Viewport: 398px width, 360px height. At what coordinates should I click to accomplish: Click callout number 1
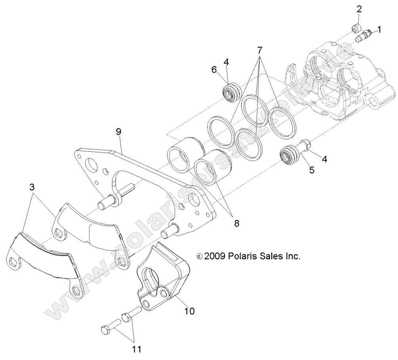pyautogui.click(x=379, y=29)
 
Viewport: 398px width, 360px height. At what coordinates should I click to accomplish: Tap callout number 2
pyautogui.click(x=359, y=9)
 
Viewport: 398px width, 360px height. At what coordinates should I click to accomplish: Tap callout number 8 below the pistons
pyautogui.click(x=236, y=223)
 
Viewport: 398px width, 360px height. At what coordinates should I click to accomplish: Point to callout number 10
pyautogui.click(x=189, y=311)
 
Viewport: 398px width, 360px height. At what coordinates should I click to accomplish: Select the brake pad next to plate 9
pyautogui.click(x=87, y=232)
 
